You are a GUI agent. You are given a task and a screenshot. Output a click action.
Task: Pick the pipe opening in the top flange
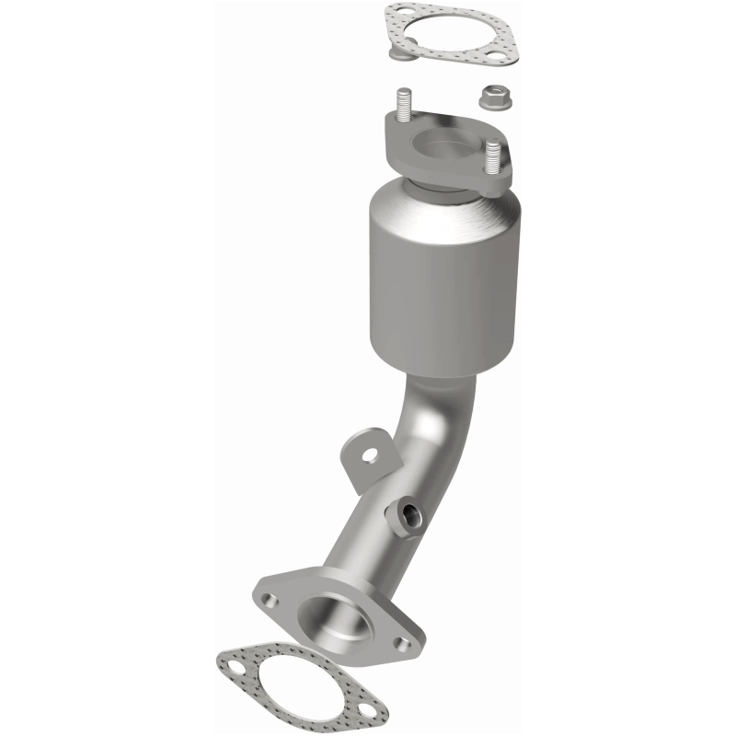tap(446, 143)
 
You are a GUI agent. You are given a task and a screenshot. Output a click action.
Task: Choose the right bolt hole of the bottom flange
tap(400, 642)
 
